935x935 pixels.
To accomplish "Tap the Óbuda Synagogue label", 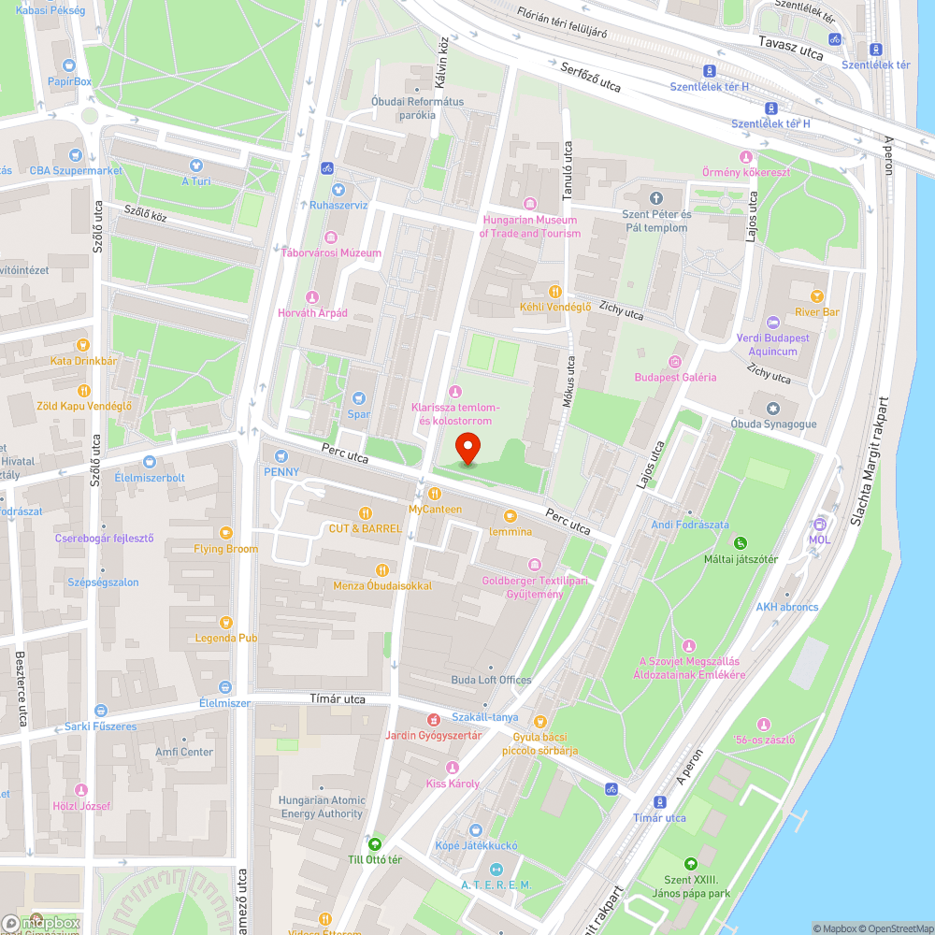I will (773, 424).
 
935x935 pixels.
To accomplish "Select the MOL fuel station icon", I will (820, 524).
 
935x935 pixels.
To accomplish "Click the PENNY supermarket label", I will (281, 471).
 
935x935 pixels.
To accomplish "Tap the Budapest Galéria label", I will (675, 377).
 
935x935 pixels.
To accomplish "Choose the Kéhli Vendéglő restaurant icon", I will (554, 292).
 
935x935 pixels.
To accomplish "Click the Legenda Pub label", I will (225, 638).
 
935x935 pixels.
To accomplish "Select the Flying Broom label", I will (225, 549).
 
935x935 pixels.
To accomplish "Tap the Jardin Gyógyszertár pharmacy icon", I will (433, 720).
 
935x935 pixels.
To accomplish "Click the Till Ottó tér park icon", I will (375, 843).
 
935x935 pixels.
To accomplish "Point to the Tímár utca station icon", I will (660, 802).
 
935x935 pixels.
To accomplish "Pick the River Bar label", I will (817, 311).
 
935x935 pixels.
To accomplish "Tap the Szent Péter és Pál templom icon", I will (655, 198).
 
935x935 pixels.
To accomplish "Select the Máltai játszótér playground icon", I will (741, 543).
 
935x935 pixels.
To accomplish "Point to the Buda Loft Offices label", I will (491, 680).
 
